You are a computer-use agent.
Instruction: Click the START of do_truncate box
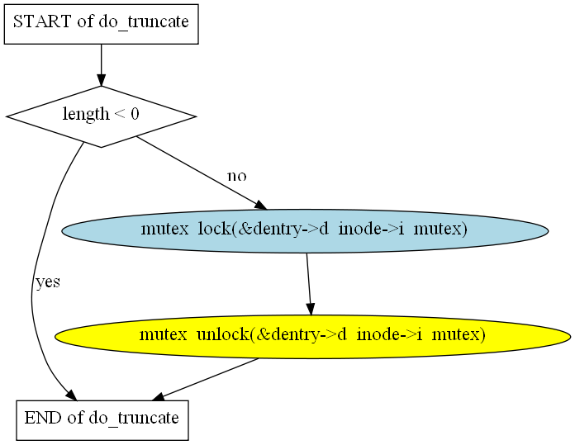pos(102,24)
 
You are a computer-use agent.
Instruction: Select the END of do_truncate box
pos(102,420)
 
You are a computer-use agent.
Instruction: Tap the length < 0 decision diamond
pos(102,116)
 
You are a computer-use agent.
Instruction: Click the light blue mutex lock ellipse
pos(305,231)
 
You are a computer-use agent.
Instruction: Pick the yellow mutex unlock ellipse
pos(312,337)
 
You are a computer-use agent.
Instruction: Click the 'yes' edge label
pos(48,282)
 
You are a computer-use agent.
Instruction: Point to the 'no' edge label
pos(237,177)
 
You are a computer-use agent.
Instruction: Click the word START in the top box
pos(42,21)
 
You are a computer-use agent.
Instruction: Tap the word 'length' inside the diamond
pos(86,114)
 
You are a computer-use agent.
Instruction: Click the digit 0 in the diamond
pos(135,114)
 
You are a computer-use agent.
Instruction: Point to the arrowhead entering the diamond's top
pos(102,80)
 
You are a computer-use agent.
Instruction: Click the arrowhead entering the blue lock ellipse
pos(261,206)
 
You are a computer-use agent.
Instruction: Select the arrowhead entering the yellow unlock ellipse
pos(311,310)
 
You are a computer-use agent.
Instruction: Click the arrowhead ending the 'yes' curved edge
pos(72,395)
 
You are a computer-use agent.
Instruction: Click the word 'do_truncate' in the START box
pos(144,22)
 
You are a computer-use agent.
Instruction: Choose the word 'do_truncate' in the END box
pos(134,418)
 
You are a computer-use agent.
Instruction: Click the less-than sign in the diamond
pos(120,114)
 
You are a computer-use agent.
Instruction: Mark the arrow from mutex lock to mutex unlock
pos(309,284)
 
